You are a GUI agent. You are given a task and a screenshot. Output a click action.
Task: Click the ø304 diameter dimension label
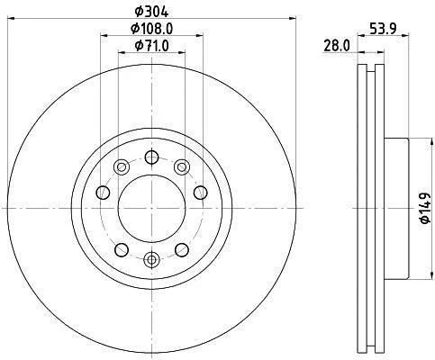click(151, 12)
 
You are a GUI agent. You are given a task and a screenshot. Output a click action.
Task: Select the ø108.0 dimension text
click(151, 29)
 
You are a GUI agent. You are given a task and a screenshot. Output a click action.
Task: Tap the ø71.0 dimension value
click(151, 46)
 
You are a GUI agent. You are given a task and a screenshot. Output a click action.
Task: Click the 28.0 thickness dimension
click(337, 46)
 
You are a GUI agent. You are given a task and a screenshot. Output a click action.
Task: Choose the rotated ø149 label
click(424, 208)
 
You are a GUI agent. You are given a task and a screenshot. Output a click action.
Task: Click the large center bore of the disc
click(151, 208)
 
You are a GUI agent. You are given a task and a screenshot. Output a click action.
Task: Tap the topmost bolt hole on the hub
click(151, 157)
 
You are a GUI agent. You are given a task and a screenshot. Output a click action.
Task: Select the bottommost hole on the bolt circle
click(151, 259)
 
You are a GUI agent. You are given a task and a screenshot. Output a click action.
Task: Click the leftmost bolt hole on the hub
click(103, 193)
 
